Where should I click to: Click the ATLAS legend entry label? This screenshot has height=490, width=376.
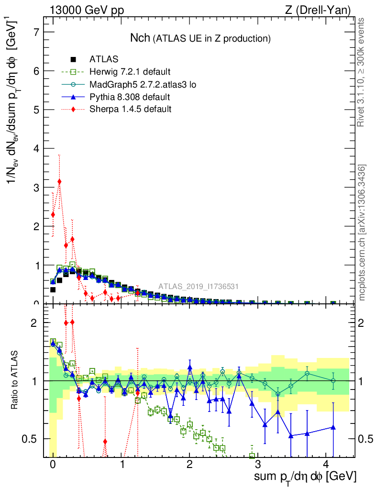pyautogui.click(x=104, y=59)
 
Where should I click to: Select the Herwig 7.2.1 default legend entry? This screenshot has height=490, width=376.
pyautogui.click(x=130, y=72)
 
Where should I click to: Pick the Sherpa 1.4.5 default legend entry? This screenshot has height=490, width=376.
pyautogui.click(x=130, y=110)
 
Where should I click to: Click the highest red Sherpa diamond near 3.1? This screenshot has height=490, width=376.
pyautogui.click(x=59, y=182)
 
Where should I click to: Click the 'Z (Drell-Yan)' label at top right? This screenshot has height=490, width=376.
pyautogui.click(x=321, y=10)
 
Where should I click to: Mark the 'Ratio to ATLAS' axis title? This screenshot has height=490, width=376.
pyautogui.click(x=15, y=380)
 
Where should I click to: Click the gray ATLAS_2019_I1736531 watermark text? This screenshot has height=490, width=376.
pyautogui.click(x=199, y=287)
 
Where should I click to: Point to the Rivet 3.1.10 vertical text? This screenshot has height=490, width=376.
pyautogui.click(x=362, y=72)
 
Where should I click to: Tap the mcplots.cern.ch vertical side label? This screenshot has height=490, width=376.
pyautogui.click(x=362, y=233)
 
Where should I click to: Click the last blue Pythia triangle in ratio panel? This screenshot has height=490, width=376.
pyautogui.click(x=333, y=427)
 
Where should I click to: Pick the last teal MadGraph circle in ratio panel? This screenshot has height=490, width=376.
pyautogui.click(x=333, y=380)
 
